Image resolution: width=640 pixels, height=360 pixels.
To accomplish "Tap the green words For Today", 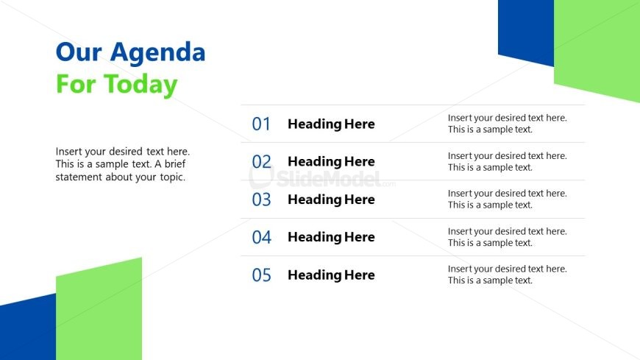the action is coord(117,85).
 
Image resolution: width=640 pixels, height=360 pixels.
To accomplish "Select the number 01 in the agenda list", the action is coord(261,124).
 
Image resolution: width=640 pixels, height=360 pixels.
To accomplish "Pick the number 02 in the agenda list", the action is coord(261,162).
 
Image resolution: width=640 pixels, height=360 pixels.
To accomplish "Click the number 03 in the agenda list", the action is coord(261,200).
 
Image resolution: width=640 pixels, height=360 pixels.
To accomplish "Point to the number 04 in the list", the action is coord(261,237).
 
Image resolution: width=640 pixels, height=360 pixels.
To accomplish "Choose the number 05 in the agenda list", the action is coord(261,275).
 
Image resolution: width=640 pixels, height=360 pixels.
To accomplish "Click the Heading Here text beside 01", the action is coord(331,124).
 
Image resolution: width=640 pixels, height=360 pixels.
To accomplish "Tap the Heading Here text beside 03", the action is coord(331,200).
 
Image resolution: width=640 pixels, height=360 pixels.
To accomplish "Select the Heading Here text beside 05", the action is coord(331,275).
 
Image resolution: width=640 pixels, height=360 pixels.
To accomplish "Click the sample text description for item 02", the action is coord(508,161).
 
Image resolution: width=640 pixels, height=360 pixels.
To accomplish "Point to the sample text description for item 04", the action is coord(508,237).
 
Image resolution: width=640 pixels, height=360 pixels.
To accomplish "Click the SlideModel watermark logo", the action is coord(321,178).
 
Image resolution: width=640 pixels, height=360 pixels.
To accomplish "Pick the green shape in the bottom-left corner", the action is coord(99,311).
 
